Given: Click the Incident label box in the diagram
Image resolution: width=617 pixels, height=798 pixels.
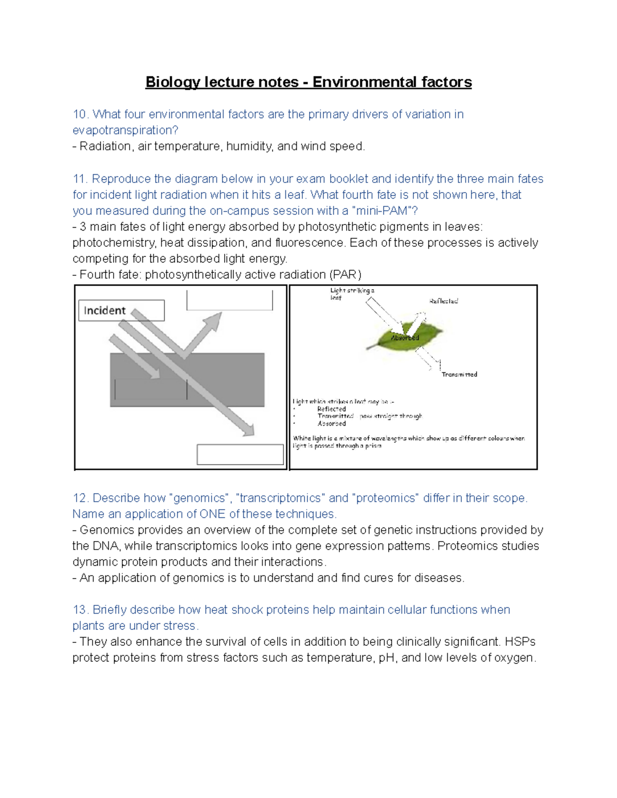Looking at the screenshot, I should coord(121,310).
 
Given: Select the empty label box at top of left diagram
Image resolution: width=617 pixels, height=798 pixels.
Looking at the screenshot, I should coord(229,300).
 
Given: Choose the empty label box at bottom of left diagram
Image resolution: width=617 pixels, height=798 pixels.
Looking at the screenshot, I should coord(240,454).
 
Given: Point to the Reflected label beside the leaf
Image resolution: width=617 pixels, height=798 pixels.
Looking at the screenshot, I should coord(443,301).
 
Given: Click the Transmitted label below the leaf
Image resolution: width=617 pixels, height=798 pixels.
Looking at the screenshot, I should coord(459,375).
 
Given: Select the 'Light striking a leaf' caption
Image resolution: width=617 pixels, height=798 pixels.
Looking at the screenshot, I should coord(352,294).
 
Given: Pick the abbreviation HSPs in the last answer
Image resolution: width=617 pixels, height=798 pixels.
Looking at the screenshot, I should coord(520,642).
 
